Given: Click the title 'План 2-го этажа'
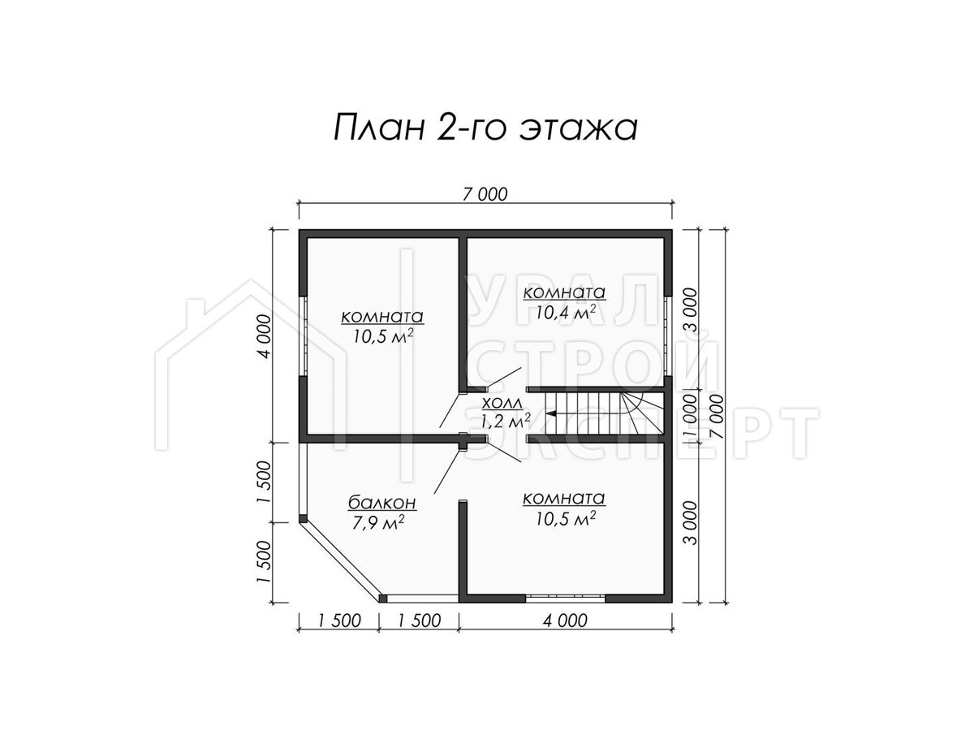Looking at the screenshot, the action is tap(485, 128).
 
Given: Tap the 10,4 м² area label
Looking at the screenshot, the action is tap(565, 313).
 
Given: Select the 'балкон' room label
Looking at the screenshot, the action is tap(381, 503).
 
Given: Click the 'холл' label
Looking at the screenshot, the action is tap(502, 404).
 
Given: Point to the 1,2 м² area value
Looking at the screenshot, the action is tap(506, 420).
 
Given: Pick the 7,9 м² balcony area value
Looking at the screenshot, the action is tap(377, 522).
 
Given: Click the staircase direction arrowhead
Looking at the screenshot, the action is tap(551, 413).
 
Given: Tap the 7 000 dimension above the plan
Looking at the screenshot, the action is tap(485, 194).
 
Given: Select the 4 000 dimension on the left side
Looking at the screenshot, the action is tap(265, 336).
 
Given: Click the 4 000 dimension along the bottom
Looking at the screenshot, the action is tap(565, 621).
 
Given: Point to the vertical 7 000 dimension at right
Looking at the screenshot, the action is tap(717, 417).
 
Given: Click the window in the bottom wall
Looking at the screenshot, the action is tap(565, 598).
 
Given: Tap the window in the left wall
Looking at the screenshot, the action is tap(304, 336).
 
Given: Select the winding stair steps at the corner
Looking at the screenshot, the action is tap(642, 413).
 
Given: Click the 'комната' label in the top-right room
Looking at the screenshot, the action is tap(564, 293).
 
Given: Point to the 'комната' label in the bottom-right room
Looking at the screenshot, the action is tap(564, 499).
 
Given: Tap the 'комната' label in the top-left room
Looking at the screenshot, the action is tap(382, 317).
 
